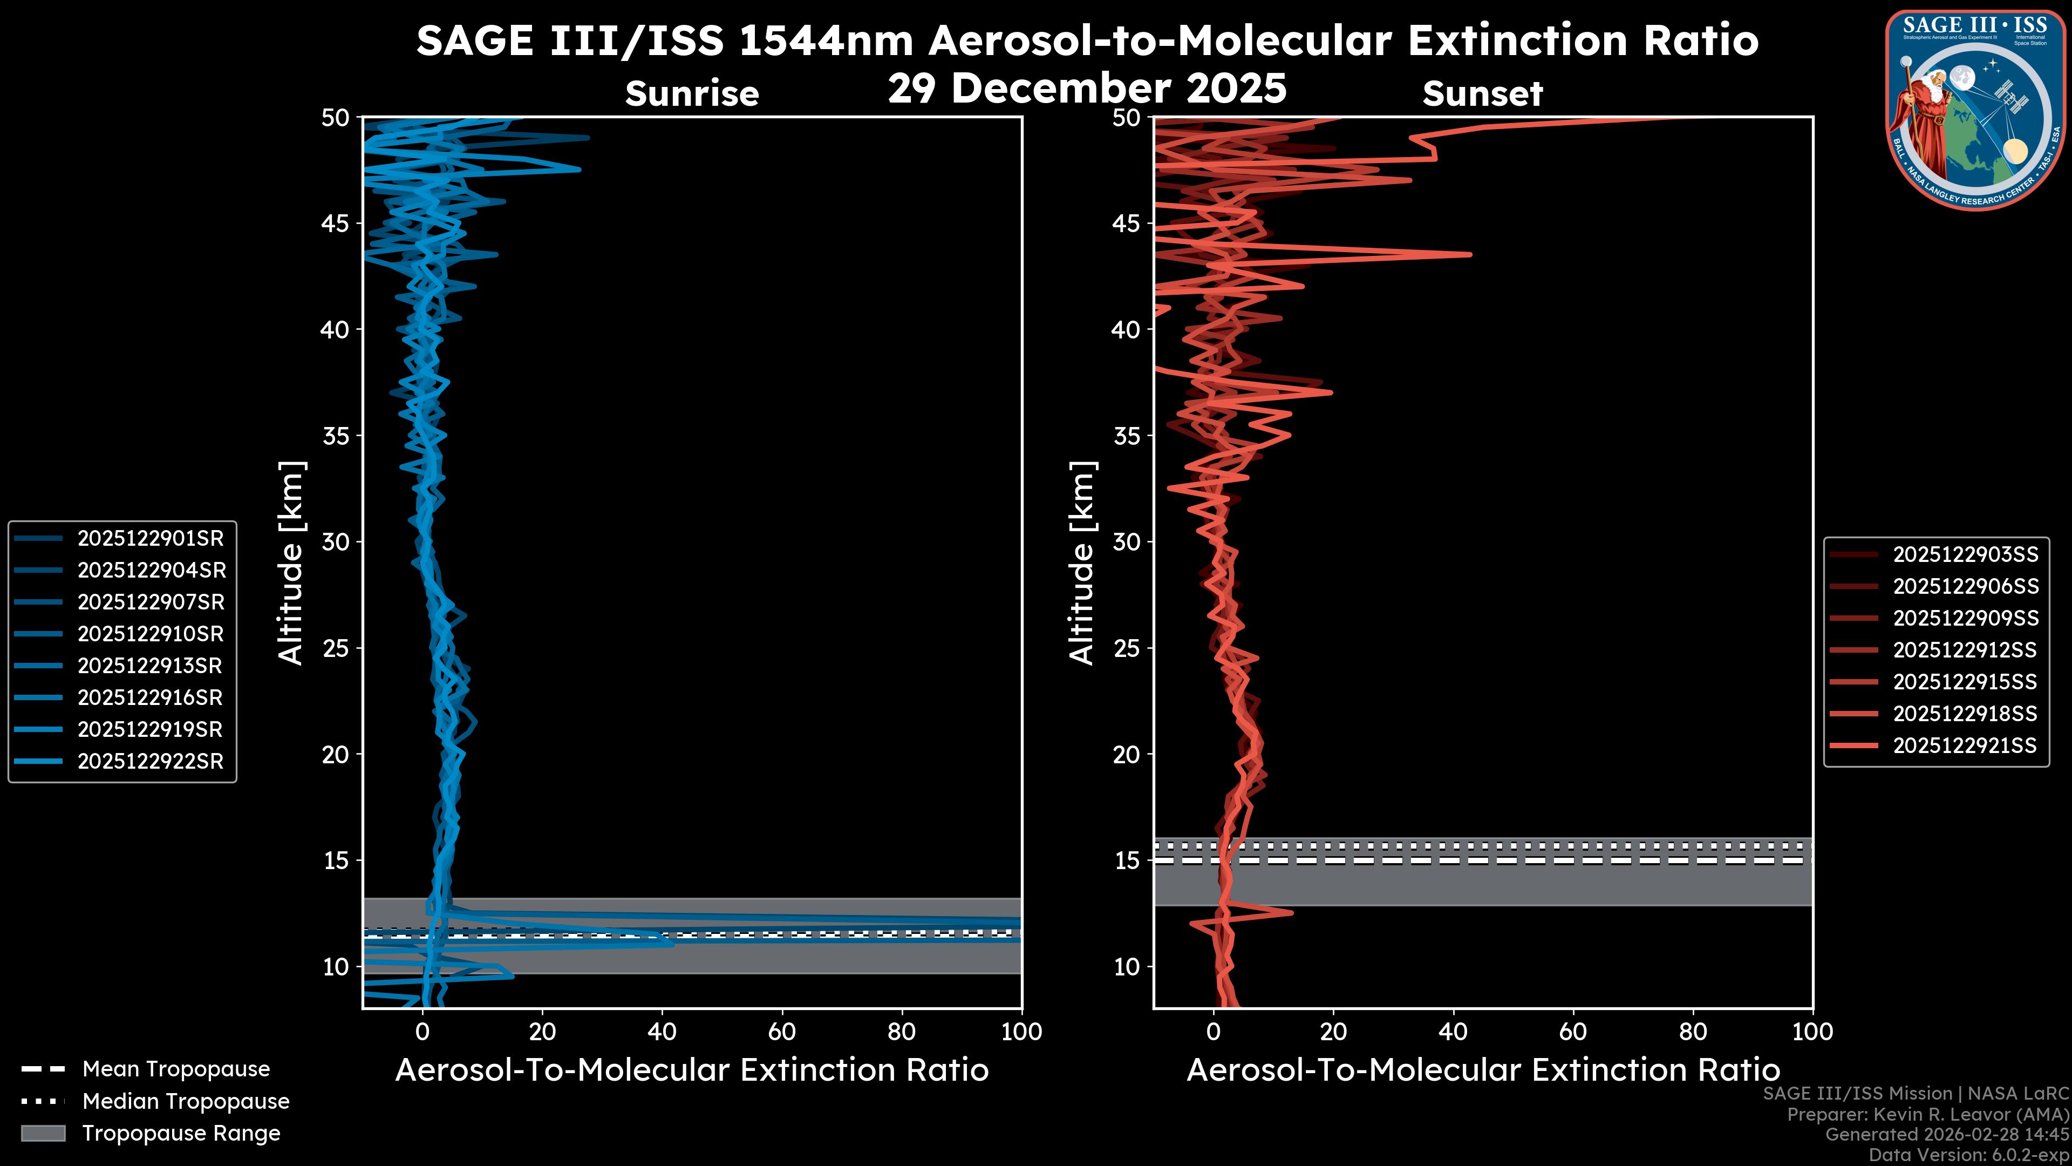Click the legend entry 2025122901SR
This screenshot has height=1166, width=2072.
coord(149,538)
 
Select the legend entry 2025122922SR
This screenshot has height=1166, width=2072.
coord(149,761)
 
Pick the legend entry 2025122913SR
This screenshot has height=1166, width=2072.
coord(149,666)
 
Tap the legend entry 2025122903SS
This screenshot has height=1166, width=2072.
coord(1965,554)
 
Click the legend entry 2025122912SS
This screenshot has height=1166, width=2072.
coord(1965,649)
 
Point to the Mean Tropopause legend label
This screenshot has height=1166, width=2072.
coord(175,1069)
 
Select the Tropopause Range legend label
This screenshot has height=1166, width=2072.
coord(181,1133)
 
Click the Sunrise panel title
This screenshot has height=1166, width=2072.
coord(692,94)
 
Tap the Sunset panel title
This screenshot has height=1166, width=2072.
coord(1482,94)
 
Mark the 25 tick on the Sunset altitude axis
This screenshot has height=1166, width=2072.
coord(1127,648)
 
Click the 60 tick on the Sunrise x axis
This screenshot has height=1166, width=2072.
coord(782,1032)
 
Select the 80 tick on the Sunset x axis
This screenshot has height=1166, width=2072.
coord(1693,1032)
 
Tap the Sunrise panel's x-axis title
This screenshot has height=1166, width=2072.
coord(692,1070)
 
